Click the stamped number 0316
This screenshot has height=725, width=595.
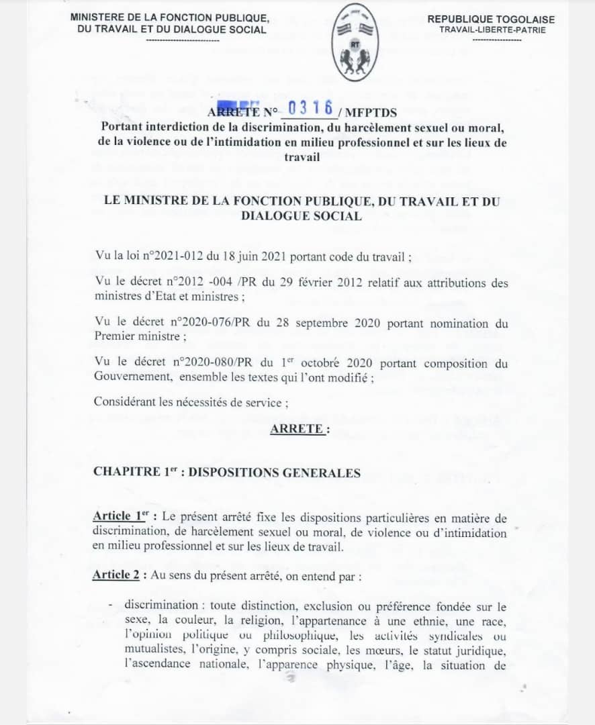[x=310, y=108]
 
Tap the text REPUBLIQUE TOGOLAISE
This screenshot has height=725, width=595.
[x=492, y=19]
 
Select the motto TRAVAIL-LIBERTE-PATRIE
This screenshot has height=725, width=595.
[x=492, y=30]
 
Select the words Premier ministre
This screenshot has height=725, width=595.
[x=134, y=336]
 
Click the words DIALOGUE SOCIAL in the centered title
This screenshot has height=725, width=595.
[x=301, y=215]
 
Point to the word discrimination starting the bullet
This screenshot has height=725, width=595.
[x=161, y=606]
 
